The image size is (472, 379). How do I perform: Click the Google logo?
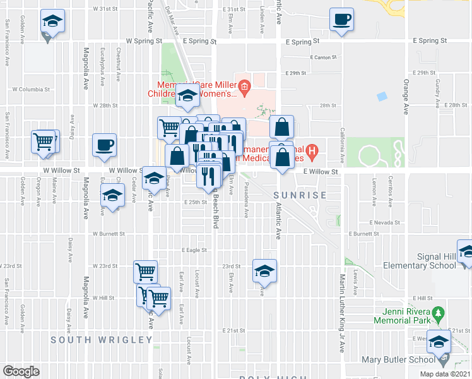coord(21,371)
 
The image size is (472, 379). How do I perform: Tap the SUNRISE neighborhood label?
coord(301,195)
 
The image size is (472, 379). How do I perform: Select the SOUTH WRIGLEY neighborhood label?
coord(102,340)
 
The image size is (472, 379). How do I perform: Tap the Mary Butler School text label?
coord(398,360)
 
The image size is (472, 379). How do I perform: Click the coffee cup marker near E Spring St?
coord(341,20)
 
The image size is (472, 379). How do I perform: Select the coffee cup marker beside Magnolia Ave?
coord(103,145)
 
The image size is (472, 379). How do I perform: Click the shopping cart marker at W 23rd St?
coord(145,272)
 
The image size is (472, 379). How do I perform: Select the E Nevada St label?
coord(385,223)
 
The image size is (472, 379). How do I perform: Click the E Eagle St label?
coord(195,250)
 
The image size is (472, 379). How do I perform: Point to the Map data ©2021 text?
coord(445,374)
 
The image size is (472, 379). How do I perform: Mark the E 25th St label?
coord(196,202)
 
